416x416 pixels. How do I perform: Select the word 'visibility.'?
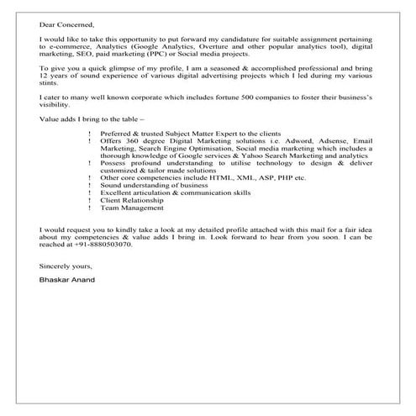coord(56,108)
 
